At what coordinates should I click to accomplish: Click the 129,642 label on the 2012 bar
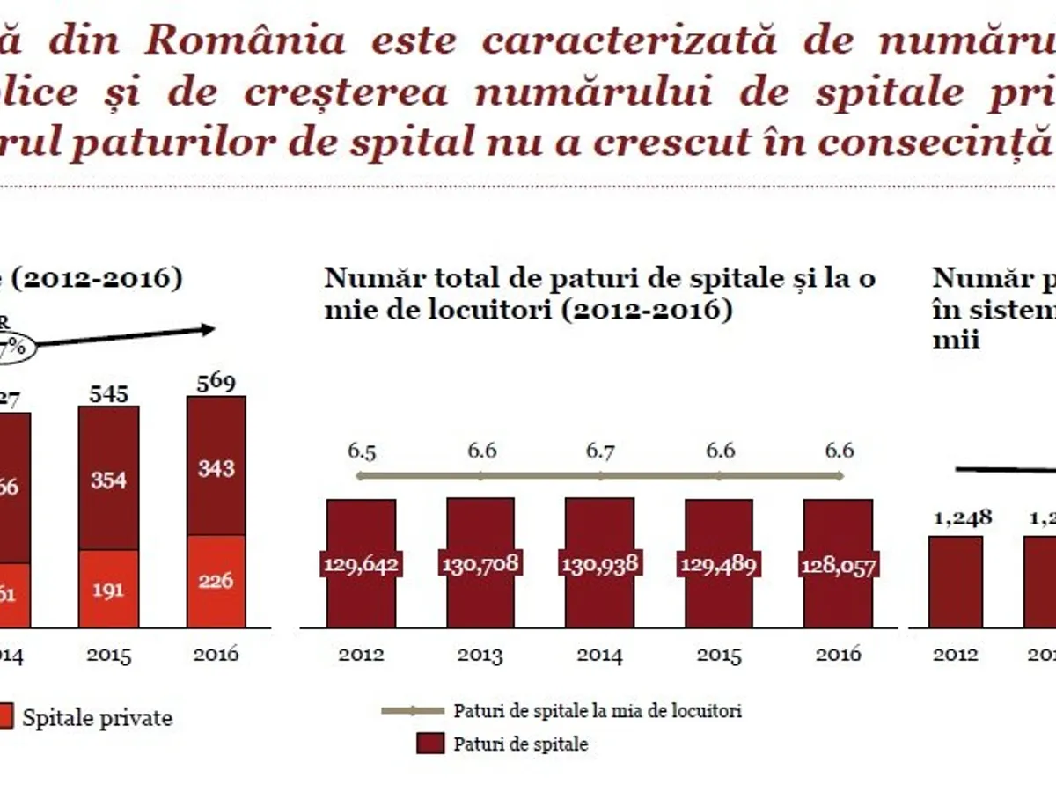coord(361,564)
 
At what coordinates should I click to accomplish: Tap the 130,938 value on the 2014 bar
coord(600,564)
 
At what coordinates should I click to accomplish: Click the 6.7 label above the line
coord(601,451)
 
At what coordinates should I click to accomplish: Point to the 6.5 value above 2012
coord(361,451)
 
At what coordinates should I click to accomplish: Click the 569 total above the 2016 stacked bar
coord(216,384)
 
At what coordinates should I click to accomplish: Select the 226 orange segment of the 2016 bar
coord(216,581)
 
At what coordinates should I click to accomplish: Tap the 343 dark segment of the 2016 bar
coord(216,467)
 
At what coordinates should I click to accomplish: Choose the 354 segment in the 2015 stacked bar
coord(108,480)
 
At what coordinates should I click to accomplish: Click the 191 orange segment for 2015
coord(108,590)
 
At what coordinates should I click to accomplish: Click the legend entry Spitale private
coord(97,717)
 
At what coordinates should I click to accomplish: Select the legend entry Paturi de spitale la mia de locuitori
coord(597,710)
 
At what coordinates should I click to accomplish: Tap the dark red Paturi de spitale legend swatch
coord(429,744)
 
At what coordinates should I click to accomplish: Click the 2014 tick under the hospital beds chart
coord(600,656)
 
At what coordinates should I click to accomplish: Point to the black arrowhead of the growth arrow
coord(208,329)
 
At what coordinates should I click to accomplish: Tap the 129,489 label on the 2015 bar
coord(719,564)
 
